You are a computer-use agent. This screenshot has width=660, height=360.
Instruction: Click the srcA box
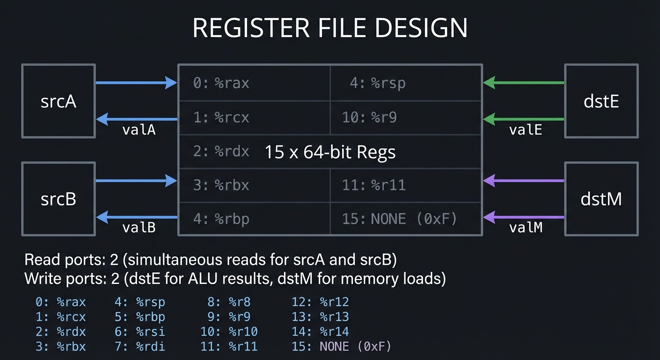[58, 101]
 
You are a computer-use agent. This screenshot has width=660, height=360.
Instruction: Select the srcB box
[58, 199]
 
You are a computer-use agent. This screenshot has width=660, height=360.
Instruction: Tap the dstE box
[601, 101]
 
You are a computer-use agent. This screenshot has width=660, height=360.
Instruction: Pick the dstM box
[601, 199]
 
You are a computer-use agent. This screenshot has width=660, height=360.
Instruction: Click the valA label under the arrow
[139, 130]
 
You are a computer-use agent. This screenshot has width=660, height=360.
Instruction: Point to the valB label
[139, 227]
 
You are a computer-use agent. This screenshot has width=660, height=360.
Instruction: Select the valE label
[525, 130]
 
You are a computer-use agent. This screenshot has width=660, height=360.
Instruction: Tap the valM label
[525, 227]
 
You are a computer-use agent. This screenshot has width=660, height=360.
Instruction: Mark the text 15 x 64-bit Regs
[330, 152]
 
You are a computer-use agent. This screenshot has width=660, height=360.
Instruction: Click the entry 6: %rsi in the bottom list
[140, 332]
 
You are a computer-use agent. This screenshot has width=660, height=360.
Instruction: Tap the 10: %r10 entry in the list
[229, 332]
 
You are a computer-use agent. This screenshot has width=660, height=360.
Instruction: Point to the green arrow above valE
[524, 119]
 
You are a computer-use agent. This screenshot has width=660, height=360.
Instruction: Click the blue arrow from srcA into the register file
[136, 83]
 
